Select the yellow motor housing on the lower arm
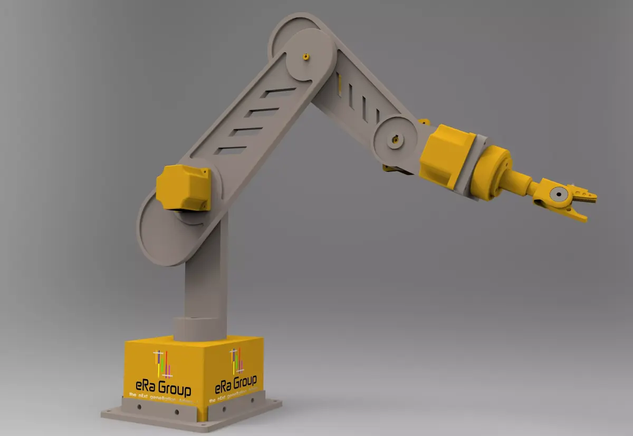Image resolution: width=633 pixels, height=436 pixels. [x=183, y=187]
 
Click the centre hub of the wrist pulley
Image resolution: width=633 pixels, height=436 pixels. [x=395, y=141]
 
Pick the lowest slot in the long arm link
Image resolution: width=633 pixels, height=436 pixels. [x=230, y=150]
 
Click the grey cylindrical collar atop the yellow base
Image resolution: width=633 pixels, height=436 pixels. [x=199, y=327]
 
